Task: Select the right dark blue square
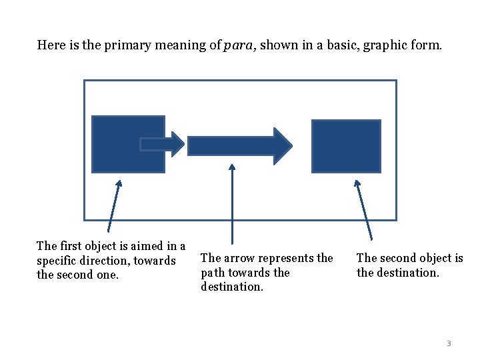(347, 146)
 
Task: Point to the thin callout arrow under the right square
(364, 209)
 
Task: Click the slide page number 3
(449, 343)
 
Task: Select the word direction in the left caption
(106, 261)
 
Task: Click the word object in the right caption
(436, 258)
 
